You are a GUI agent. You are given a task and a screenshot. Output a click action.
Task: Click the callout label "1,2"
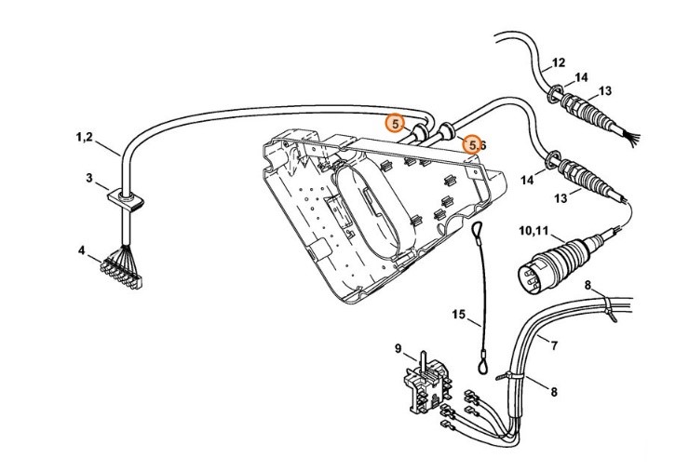click(84, 138)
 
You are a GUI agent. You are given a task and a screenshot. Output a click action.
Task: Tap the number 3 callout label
click(90, 177)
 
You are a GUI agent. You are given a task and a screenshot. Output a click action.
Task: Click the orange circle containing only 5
click(396, 123)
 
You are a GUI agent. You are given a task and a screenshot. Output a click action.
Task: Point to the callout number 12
click(558, 63)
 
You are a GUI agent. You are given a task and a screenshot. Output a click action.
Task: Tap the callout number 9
click(399, 349)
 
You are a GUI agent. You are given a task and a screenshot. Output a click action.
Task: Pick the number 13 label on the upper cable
click(605, 90)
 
